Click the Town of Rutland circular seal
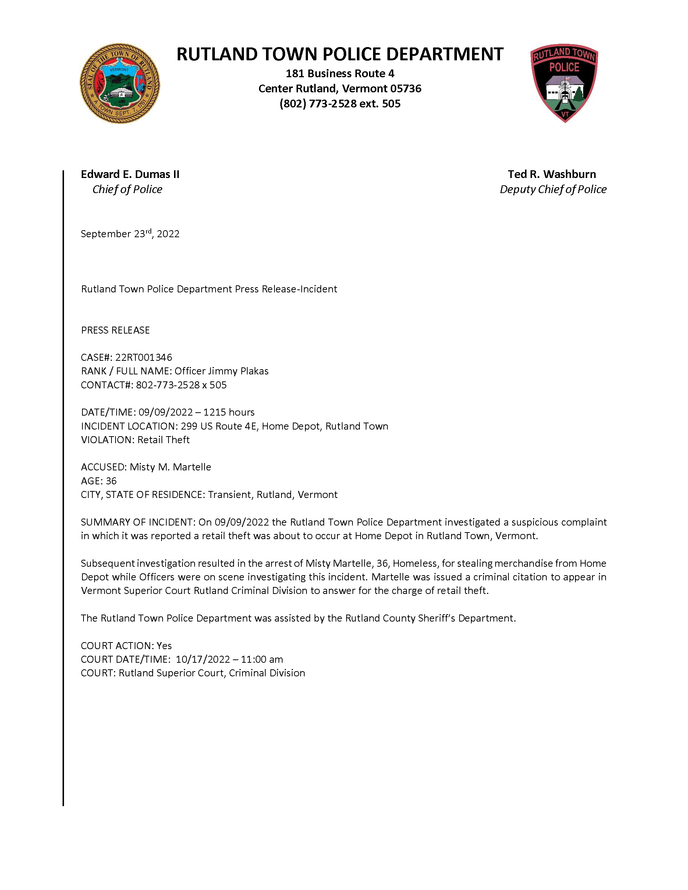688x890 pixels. (x=120, y=83)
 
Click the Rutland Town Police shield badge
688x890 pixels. (x=564, y=83)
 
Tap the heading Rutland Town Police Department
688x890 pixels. (x=340, y=54)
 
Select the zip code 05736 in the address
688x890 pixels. (x=405, y=89)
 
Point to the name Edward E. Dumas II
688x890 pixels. (x=130, y=174)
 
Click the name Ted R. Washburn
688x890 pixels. (x=552, y=174)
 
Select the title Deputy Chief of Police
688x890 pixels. (x=553, y=189)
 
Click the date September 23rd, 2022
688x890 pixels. (x=130, y=234)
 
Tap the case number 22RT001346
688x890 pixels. (x=143, y=357)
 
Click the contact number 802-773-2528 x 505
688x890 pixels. (x=181, y=385)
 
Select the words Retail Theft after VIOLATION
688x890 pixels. (x=163, y=440)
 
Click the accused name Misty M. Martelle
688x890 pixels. (x=170, y=467)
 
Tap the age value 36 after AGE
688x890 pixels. (x=111, y=481)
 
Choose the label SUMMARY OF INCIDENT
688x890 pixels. (x=137, y=523)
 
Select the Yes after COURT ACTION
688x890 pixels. (x=164, y=646)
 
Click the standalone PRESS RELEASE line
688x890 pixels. (x=116, y=330)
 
